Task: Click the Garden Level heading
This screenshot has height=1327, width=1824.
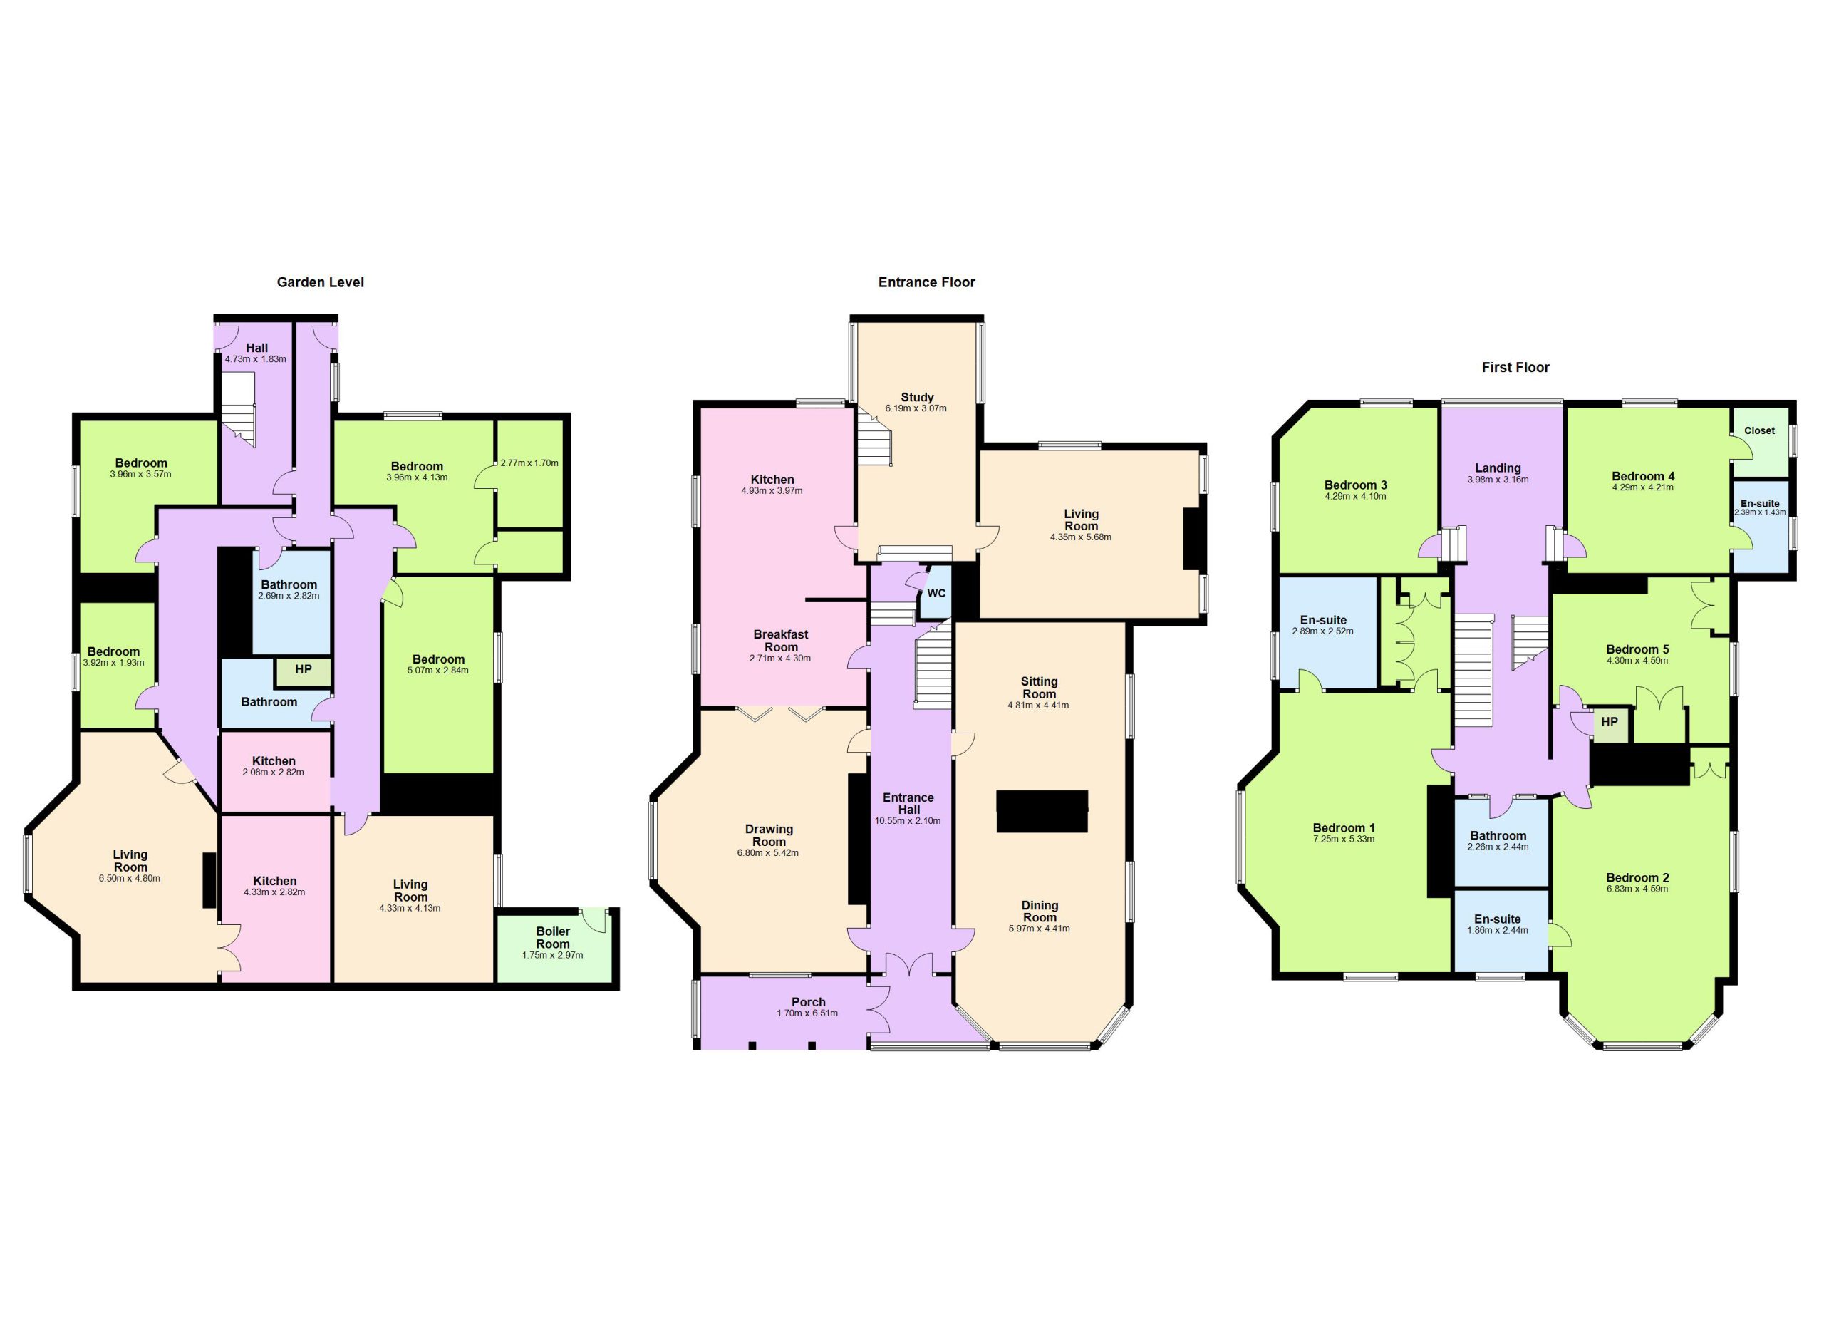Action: tap(320, 282)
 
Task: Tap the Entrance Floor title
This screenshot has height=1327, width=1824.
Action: tap(926, 282)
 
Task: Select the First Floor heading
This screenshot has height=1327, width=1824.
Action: tap(1515, 368)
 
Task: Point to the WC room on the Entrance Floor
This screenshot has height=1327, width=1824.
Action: tap(936, 594)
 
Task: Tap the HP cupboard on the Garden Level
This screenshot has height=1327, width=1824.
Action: tap(304, 670)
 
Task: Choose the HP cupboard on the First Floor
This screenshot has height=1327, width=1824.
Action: tap(1610, 722)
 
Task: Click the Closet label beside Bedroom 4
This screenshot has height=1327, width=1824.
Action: tap(1759, 430)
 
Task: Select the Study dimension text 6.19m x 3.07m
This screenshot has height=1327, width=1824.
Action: tap(916, 408)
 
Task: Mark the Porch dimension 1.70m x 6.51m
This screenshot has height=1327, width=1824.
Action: tap(807, 1013)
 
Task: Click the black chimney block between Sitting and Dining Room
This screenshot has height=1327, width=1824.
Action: tap(1042, 812)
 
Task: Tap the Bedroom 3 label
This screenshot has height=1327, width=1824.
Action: tap(1356, 485)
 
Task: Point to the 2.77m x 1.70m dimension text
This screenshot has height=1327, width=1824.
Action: tap(529, 463)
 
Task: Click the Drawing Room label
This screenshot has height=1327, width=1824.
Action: tap(769, 835)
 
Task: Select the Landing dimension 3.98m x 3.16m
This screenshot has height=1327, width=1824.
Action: tap(1498, 480)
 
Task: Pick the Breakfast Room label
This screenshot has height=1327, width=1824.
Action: tap(781, 641)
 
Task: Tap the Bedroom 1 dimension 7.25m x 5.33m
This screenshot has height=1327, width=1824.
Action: tap(1344, 840)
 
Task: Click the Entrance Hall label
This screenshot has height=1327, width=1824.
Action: tap(908, 803)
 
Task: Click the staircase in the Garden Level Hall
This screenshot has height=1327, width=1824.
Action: tap(238, 414)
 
